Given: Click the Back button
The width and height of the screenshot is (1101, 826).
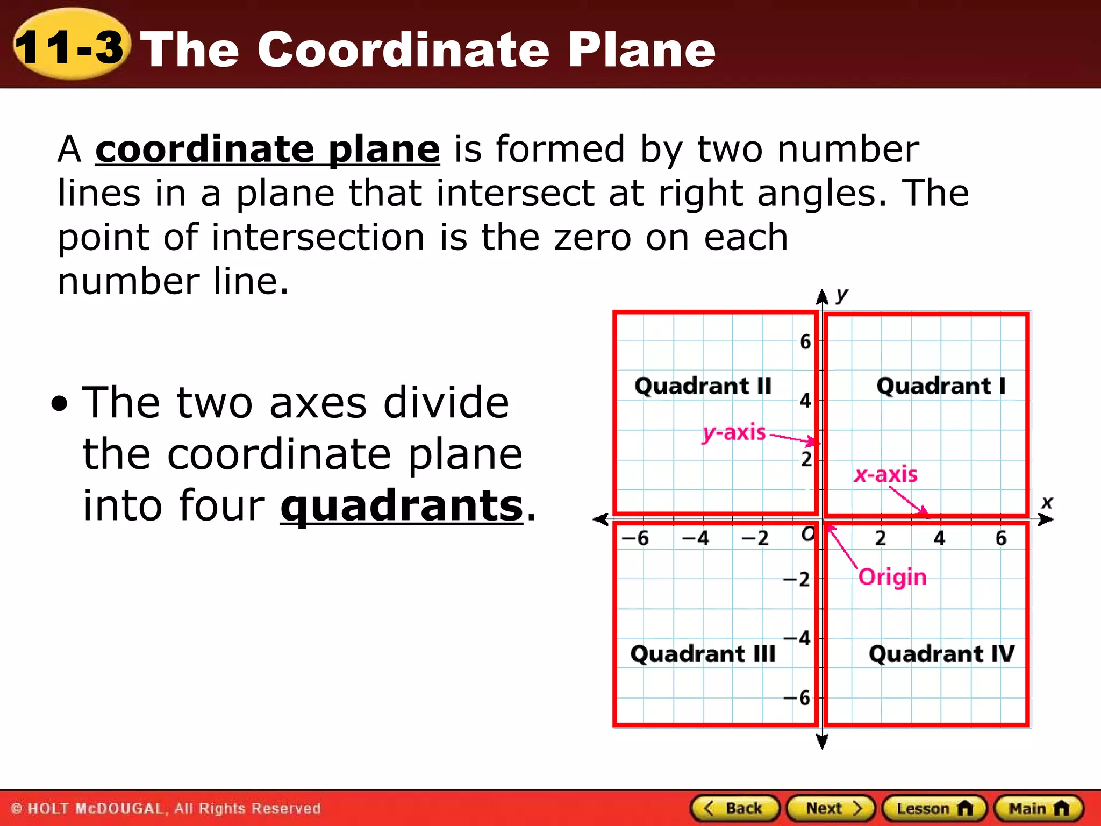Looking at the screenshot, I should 735,808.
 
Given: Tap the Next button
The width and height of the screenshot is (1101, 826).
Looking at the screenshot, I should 831,808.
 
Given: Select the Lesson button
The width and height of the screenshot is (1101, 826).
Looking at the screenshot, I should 934,808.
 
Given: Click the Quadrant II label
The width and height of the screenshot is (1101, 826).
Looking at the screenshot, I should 703,386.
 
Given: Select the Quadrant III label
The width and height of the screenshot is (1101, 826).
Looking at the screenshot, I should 703,654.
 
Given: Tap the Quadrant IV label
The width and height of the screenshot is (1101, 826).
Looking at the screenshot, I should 941,654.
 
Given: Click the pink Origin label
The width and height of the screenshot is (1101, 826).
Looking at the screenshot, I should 892,578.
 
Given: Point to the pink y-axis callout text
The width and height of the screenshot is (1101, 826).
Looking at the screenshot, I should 734,432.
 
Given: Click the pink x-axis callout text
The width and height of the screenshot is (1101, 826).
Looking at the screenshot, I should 886,474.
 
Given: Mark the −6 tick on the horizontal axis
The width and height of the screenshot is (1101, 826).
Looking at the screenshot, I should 635,538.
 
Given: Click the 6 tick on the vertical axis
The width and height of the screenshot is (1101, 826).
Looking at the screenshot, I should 805,341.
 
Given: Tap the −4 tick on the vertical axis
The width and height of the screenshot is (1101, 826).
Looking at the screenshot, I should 798,638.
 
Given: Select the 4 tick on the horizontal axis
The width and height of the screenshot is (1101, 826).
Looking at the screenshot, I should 939,538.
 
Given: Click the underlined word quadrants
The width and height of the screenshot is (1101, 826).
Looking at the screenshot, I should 402,505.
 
